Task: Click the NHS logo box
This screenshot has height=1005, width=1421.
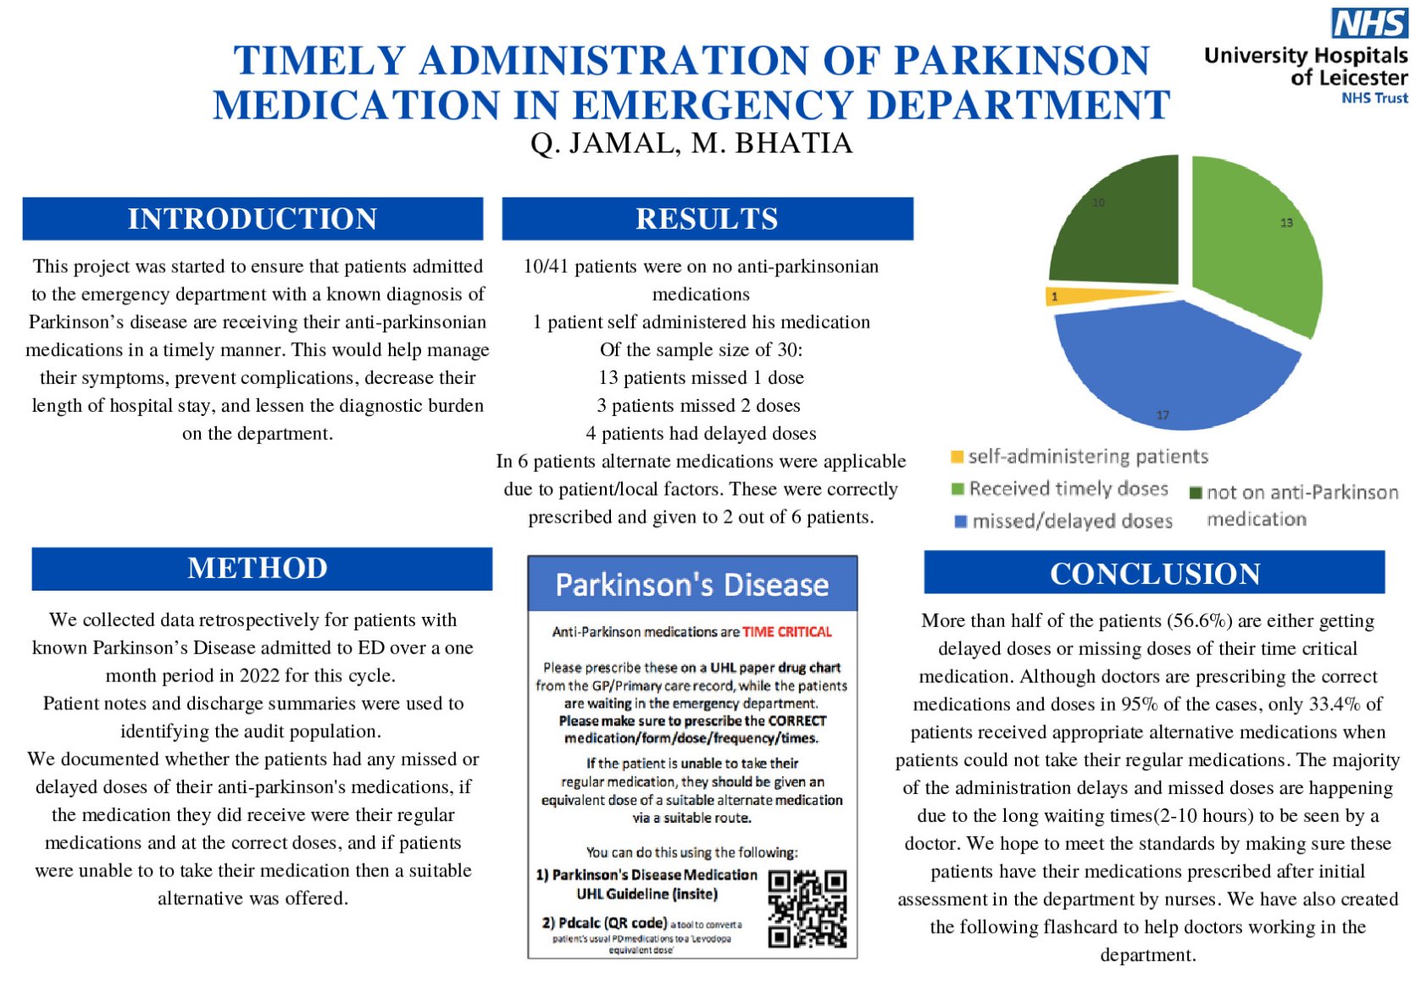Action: pos(1369,23)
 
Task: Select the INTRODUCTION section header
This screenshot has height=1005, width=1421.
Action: pos(253,219)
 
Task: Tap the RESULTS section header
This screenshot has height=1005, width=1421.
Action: pos(707,219)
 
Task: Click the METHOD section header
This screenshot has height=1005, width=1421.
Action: pos(258,568)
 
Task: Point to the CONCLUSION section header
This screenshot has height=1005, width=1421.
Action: pos(1154,574)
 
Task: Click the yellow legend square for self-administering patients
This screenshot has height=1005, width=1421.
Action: pos(957,458)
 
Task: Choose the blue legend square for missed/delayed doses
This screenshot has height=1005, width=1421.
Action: pos(961,521)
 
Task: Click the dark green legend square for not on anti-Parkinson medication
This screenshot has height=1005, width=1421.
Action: pos(1196,493)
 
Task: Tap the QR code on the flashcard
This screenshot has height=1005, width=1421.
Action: pos(807,908)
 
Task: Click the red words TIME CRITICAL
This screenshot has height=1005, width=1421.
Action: pos(787,632)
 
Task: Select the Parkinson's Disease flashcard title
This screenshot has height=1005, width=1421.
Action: pos(691,585)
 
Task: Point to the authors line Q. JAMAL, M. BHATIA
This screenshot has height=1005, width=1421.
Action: pos(691,143)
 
